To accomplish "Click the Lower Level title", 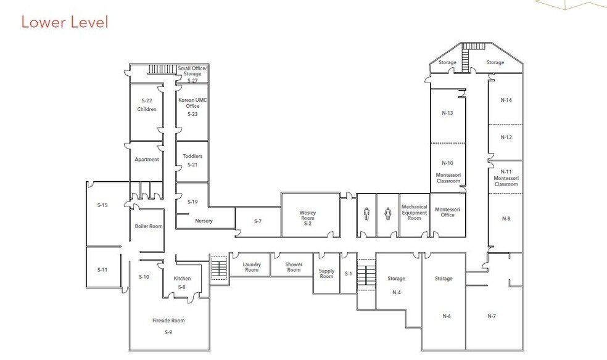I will coord(64,22).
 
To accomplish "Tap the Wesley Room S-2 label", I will coord(307,218).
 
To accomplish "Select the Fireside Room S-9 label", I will coord(168,326).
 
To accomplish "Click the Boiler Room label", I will coord(149,226).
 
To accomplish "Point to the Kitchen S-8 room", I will coord(182,282).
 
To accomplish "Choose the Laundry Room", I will coord(252,267).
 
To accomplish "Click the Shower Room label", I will coord(294,267).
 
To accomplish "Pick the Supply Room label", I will coord(326,273).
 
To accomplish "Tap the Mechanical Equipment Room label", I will coord(414,213).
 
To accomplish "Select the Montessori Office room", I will coord(448,212).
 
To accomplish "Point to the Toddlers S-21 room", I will coord(192,160).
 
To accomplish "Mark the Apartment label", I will coord(147,160).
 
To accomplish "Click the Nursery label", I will coord(204,221).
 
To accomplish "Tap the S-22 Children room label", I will coord(147,105).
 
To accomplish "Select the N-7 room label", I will coord(492,316).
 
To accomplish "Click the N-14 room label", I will coord(506,100).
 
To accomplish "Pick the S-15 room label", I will coord(102,205).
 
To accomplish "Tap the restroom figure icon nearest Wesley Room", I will coord(366,214).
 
